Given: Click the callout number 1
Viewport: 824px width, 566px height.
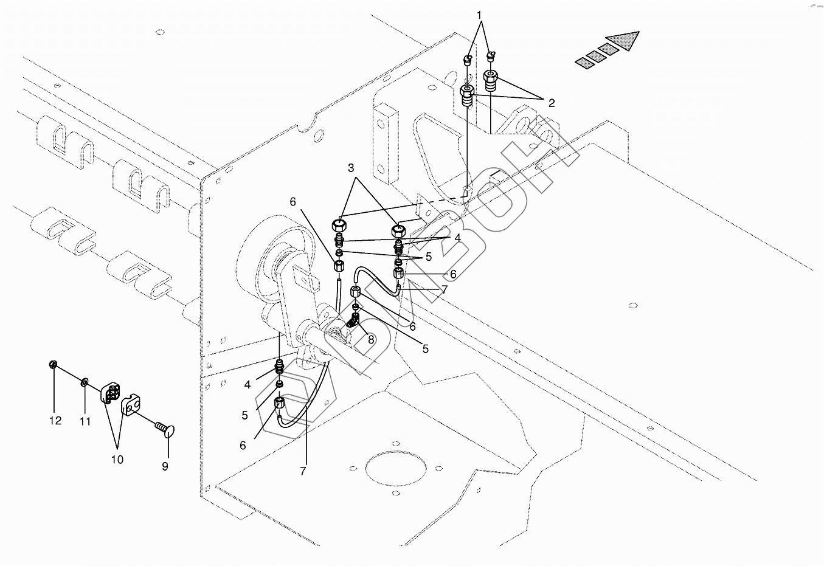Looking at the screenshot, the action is [479, 15].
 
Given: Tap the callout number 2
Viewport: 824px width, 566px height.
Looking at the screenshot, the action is [552, 103].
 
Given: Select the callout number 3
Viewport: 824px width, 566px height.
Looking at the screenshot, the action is [351, 168].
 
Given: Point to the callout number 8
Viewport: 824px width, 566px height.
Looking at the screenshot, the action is [371, 340].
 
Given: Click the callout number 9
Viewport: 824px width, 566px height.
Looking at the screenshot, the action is [165, 466].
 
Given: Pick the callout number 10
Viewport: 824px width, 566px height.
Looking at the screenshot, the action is [117, 460].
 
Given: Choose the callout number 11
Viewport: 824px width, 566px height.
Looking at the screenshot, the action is [85, 421].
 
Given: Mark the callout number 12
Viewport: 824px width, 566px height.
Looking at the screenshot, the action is [55, 420].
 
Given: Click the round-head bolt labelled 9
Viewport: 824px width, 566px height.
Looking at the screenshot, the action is [164, 429].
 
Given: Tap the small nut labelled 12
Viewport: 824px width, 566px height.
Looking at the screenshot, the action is [53, 364].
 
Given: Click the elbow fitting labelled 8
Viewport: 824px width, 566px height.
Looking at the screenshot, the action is [353, 322].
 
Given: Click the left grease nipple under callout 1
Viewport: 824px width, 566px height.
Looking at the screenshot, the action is [468, 60].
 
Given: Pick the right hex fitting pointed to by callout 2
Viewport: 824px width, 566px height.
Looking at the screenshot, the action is [490, 80].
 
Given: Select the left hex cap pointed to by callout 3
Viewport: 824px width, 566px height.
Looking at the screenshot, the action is [339, 224].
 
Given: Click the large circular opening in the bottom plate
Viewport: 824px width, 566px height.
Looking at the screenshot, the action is [395, 468].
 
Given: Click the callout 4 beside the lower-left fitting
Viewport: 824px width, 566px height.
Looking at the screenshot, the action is [247, 385].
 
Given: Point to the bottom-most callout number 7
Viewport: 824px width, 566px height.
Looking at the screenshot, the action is [303, 471].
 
